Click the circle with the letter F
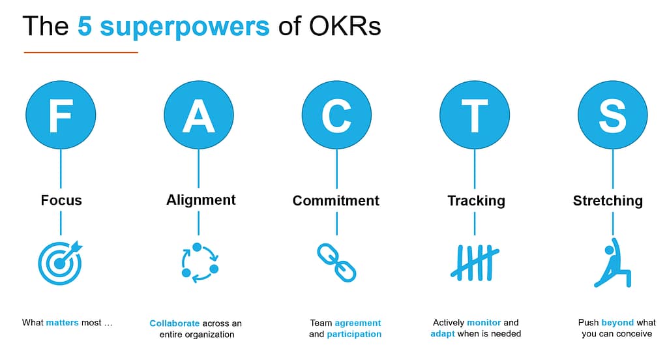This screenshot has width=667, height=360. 61,115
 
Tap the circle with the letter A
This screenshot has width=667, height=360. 198,115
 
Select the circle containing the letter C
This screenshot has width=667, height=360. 336,115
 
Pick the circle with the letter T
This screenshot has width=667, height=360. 475,115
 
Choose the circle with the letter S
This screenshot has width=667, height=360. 612,115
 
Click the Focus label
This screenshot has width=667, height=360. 61,200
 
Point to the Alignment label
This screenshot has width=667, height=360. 201,200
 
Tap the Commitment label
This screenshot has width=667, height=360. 336,201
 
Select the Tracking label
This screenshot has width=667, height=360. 476,201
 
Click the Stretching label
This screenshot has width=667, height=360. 608,201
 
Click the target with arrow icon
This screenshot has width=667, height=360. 61,263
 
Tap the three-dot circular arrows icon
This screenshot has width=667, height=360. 199,263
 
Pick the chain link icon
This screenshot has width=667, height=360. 336,262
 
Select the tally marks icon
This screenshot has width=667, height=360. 475,262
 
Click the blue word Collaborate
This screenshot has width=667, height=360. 175,323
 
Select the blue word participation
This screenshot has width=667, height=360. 354,335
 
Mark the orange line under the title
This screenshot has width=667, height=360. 81,52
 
